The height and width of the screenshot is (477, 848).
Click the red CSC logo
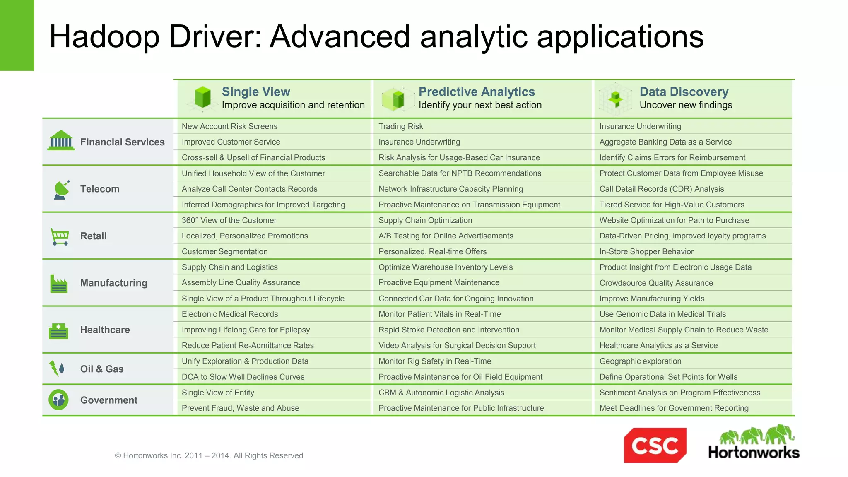pyautogui.click(x=655, y=445)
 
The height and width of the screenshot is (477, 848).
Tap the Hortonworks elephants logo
pyautogui.click(x=754, y=442)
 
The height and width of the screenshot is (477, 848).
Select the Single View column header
pyautogui.click(x=256, y=92)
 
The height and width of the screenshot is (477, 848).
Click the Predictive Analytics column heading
pyautogui.click(x=477, y=92)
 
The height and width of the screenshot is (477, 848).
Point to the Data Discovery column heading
pyautogui.click(x=684, y=92)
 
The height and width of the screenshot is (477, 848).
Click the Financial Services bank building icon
pyautogui.click(x=61, y=140)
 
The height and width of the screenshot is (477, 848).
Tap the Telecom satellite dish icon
pyautogui.click(x=61, y=190)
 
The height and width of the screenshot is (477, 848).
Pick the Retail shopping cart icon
pyautogui.click(x=60, y=236)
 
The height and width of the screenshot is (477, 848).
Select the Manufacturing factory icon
pyautogui.click(x=59, y=284)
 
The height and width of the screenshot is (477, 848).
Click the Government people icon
pyautogui.click(x=58, y=400)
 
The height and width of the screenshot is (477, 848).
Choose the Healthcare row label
pyautogui.click(x=105, y=330)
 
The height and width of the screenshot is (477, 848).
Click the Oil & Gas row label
pyautogui.click(x=102, y=369)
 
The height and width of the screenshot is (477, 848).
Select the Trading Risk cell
pyautogui.click(x=400, y=126)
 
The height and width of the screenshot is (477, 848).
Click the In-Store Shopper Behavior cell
pyautogui.click(x=646, y=251)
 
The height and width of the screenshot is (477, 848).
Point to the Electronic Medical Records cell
pyautogui.click(x=230, y=314)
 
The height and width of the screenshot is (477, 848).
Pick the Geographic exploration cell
pyautogui.click(x=640, y=361)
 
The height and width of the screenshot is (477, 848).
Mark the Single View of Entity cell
pyautogui.click(x=218, y=393)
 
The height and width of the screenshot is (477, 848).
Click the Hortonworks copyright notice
pyautogui.click(x=209, y=455)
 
